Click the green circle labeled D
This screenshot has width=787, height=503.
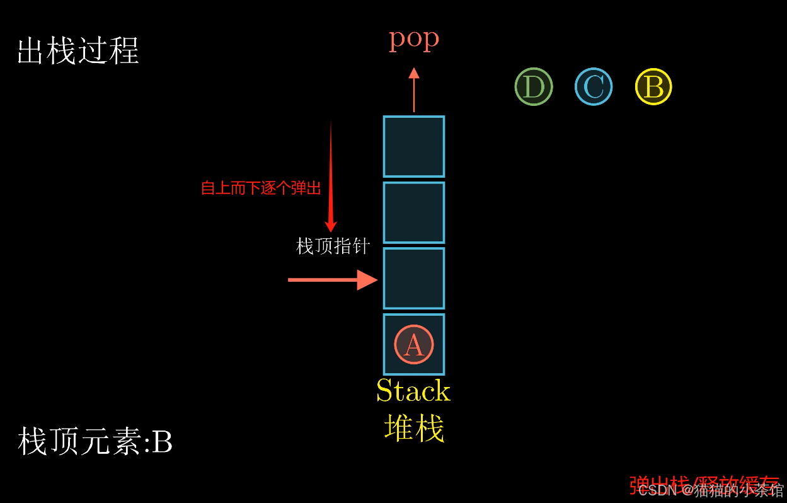534,87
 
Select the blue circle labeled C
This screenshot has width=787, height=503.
594,87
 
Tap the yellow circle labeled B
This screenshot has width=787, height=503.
653,87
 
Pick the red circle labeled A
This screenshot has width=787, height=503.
413,344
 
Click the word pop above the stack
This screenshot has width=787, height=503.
413,39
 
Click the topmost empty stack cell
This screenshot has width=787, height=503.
414,146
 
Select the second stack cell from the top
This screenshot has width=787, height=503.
414,212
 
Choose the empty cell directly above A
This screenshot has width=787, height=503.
414,278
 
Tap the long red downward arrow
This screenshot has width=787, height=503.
331,176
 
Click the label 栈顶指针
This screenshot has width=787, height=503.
333,246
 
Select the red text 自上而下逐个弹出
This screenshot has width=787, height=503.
261,188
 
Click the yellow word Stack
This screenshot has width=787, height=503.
413,391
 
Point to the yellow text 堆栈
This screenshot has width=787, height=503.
414,428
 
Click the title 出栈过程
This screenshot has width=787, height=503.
78,50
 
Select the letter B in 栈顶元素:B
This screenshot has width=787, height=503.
163,442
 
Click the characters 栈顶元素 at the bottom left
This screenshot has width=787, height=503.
79,442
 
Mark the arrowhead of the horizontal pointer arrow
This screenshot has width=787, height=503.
367,279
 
